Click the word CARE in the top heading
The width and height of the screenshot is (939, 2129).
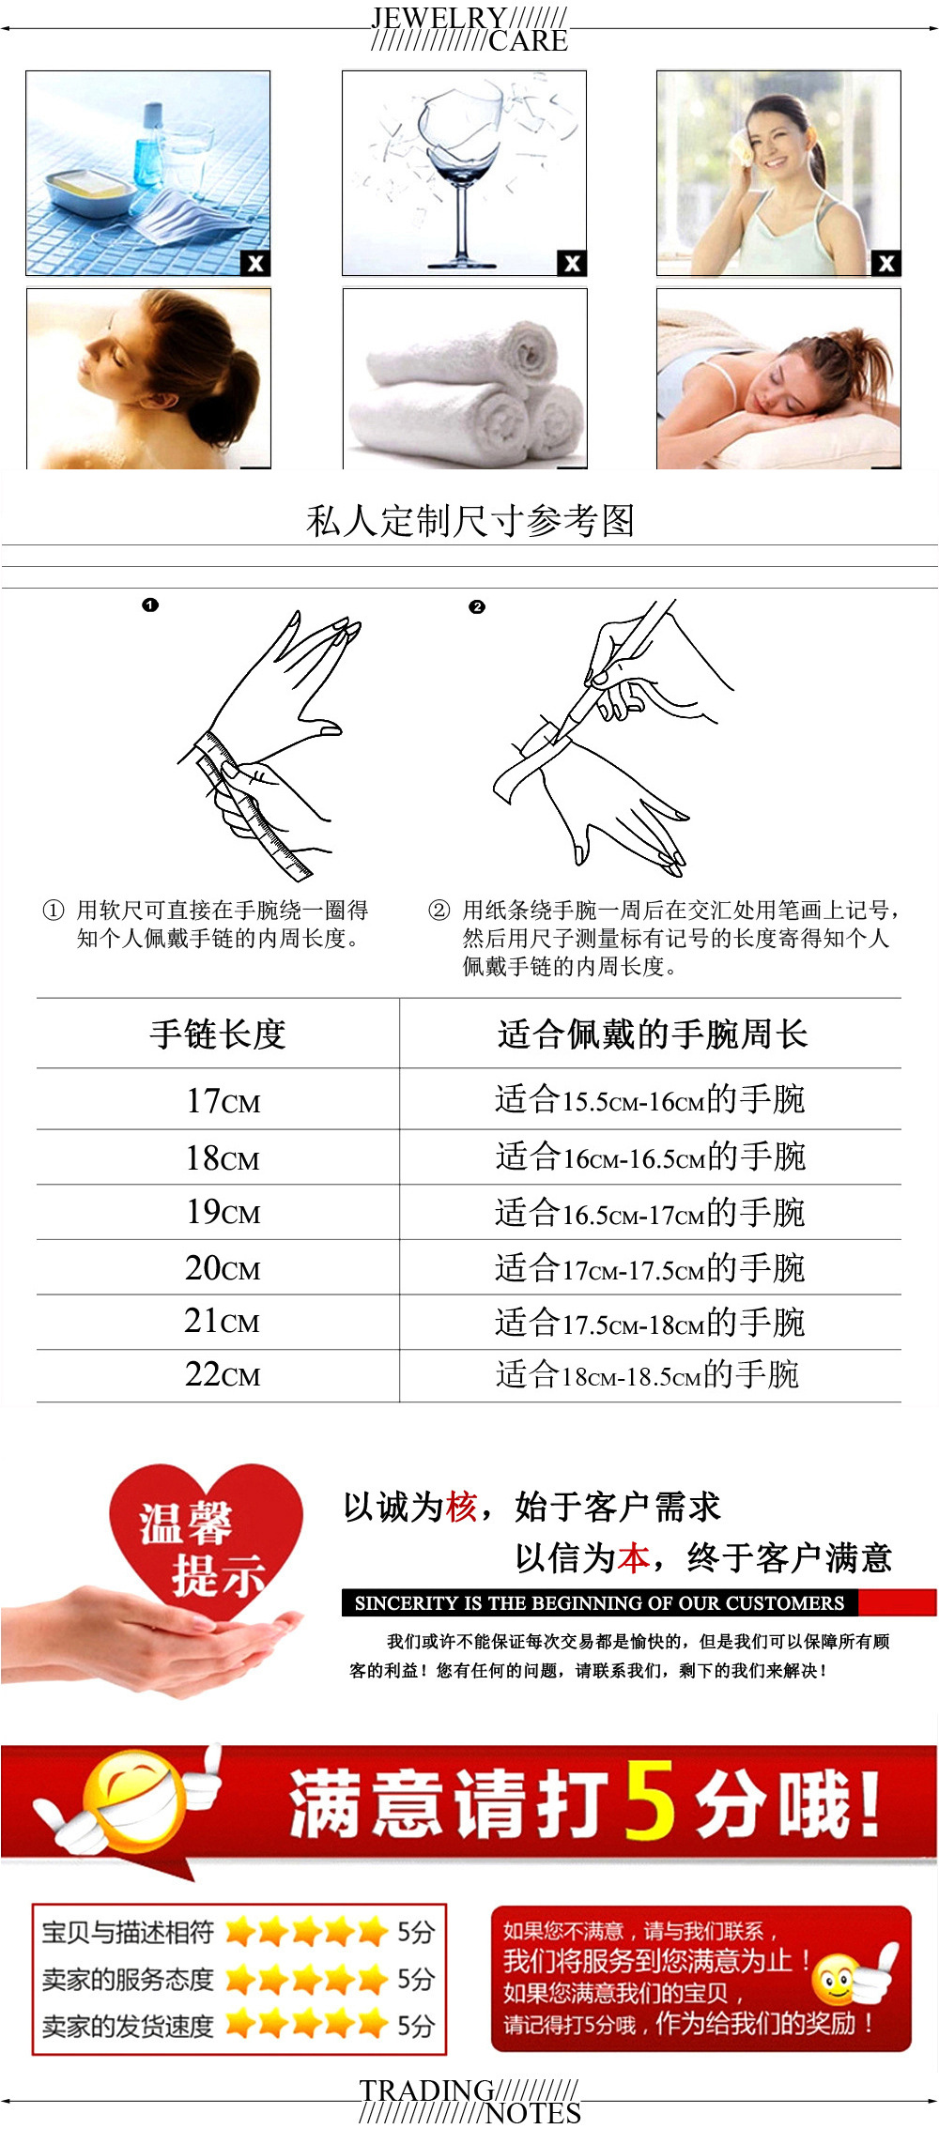tap(528, 40)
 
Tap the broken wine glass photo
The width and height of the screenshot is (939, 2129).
tap(464, 173)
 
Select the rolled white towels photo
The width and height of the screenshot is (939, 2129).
tap(465, 378)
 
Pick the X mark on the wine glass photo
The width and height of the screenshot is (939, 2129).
tap(571, 263)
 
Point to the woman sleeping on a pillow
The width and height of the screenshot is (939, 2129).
tap(778, 378)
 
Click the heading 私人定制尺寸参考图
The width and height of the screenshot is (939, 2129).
tap(470, 521)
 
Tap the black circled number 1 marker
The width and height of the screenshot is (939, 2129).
tap(150, 605)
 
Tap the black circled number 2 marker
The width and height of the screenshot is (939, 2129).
tap(477, 607)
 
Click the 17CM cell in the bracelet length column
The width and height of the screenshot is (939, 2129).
tap(223, 1100)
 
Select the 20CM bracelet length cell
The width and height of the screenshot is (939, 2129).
tap(223, 1268)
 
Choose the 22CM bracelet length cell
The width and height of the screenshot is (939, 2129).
tap(223, 1374)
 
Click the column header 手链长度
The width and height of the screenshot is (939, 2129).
tap(218, 1034)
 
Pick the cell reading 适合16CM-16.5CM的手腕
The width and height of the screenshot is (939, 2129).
tap(651, 1156)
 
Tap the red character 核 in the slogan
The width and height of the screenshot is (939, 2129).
tap(461, 1507)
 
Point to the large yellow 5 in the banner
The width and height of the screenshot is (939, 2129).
tap(650, 1800)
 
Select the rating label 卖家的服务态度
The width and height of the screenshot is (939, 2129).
tap(128, 1979)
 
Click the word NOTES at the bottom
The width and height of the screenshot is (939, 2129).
tap(533, 2113)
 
